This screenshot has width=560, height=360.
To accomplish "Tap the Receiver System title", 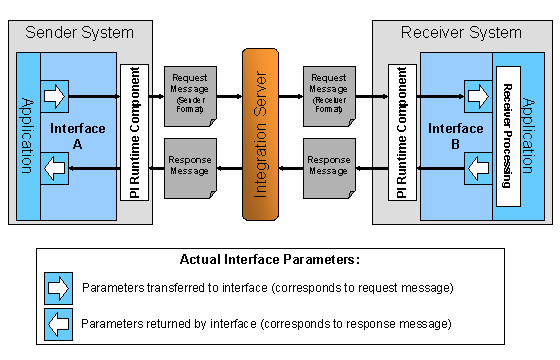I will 461,32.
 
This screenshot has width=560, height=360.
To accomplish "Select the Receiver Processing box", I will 507,135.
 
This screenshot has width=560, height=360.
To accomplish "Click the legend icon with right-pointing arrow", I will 59,289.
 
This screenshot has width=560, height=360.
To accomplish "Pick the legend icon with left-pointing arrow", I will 59,323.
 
